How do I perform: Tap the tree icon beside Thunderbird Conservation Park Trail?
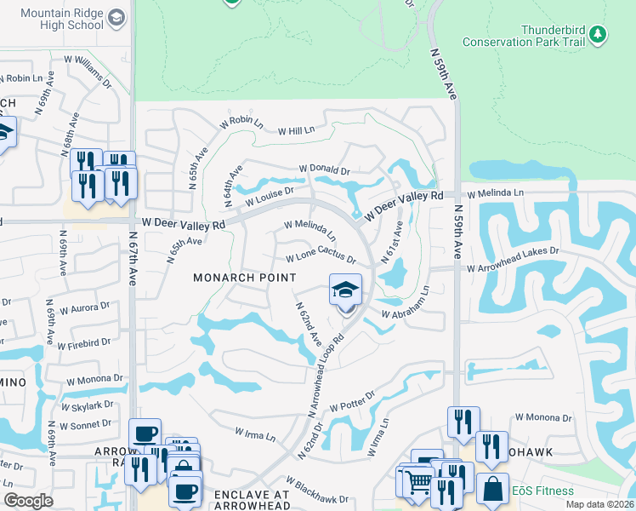pos(600,33)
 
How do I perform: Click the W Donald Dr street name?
pos(324,170)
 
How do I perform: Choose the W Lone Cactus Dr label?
pos(320,257)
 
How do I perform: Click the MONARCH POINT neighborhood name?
pos(245,278)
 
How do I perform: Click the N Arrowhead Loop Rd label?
pos(327,374)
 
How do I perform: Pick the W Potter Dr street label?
pos(352,405)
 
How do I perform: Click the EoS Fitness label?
pos(548,491)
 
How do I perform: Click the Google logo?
pos(28,502)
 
